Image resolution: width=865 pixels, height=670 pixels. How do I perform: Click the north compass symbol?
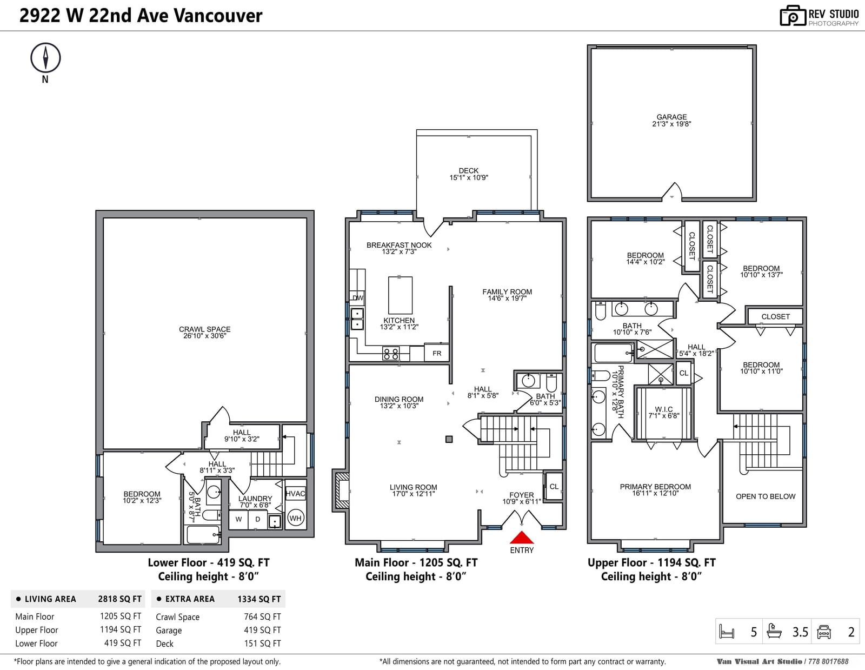pyautogui.click(x=45, y=58)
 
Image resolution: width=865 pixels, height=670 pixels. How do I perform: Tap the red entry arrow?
pyautogui.click(x=522, y=538)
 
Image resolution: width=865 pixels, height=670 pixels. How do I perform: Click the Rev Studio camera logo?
pyautogui.click(x=793, y=16)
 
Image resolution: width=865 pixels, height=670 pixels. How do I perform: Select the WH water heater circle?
pyautogui.click(x=295, y=518)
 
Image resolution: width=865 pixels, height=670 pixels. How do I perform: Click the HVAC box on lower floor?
pyautogui.click(x=295, y=494)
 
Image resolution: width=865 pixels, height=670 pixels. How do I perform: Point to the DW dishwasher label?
pyautogui.click(x=358, y=297)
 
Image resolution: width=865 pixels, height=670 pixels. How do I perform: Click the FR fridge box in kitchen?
pyautogui.click(x=437, y=353)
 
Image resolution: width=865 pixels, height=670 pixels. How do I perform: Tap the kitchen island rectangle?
pyautogui.click(x=400, y=295)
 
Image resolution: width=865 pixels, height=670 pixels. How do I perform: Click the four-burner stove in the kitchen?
pyautogui.click(x=390, y=354)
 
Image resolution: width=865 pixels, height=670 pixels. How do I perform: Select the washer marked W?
pyautogui.click(x=238, y=519)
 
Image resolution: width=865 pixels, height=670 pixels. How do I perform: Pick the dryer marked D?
pyautogui.click(x=257, y=519)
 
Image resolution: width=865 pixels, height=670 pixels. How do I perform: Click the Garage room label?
pyautogui.click(x=671, y=117)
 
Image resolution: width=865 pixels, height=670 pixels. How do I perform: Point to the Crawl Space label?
pyautogui.click(x=204, y=329)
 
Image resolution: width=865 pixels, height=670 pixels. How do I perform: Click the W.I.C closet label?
pyautogui.click(x=663, y=409)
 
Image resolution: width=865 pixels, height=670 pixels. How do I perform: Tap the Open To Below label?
pyautogui.click(x=766, y=496)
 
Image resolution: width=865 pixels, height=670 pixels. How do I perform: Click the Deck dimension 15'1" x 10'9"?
pyautogui.click(x=469, y=177)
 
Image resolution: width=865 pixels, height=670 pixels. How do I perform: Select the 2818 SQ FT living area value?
pyautogui.click(x=120, y=599)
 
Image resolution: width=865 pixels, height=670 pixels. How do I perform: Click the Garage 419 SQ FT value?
pyautogui.click(x=262, y=630)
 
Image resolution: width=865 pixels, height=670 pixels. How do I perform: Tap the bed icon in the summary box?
pyautogui.click(x=727, y=632)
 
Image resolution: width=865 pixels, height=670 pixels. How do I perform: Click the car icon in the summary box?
pyautogui.click(x=823, y=632)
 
